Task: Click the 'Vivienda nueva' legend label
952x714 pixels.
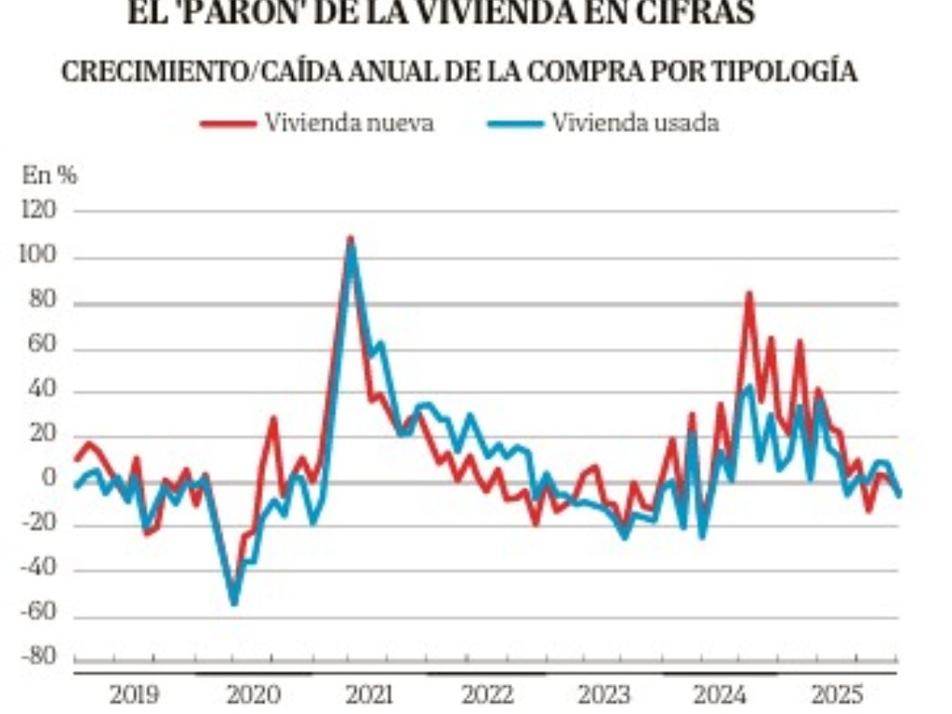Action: [349, 124]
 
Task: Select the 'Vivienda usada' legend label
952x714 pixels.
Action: [635, 124]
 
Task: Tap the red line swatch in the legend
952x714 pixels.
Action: [228, 124]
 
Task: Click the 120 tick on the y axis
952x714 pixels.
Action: [37, 212]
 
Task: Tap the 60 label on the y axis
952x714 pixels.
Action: [43, 346]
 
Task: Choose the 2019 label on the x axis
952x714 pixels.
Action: [134, 694]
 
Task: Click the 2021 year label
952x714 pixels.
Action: [368, 694]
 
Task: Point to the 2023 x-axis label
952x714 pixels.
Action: [603, 694]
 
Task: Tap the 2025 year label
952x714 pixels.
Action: [837, 694]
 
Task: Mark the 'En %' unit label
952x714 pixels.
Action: [49, 174]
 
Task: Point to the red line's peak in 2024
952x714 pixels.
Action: [748, 294]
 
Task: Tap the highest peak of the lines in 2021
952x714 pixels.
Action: [350, 240]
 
